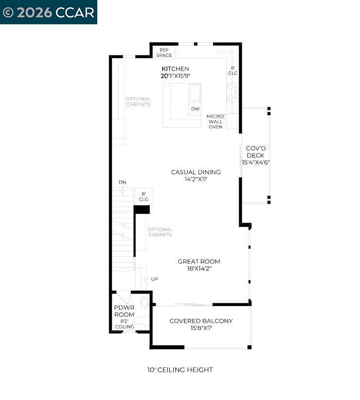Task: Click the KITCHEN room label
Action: [175, 69]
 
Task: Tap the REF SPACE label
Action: [164, 52]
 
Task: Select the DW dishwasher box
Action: [195, 109]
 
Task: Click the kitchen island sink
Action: [195, 92]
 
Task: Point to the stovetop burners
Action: [233, 92]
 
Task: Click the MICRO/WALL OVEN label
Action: [215, 122]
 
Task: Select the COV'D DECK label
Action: [255, 152]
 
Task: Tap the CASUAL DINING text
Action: [196, 172]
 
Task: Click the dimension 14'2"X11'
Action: [196, 179]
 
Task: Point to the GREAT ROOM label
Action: [198, 261]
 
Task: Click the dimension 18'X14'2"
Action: [198, 268]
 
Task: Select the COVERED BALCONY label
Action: [201, 321]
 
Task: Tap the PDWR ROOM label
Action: [124, 311]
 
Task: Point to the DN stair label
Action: [123, 182]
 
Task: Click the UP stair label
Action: [154, 279]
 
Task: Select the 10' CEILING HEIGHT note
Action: [180, 370]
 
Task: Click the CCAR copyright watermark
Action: [48, 12]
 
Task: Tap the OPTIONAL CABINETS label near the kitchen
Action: [138, 102]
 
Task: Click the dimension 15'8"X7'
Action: [201, 328]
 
